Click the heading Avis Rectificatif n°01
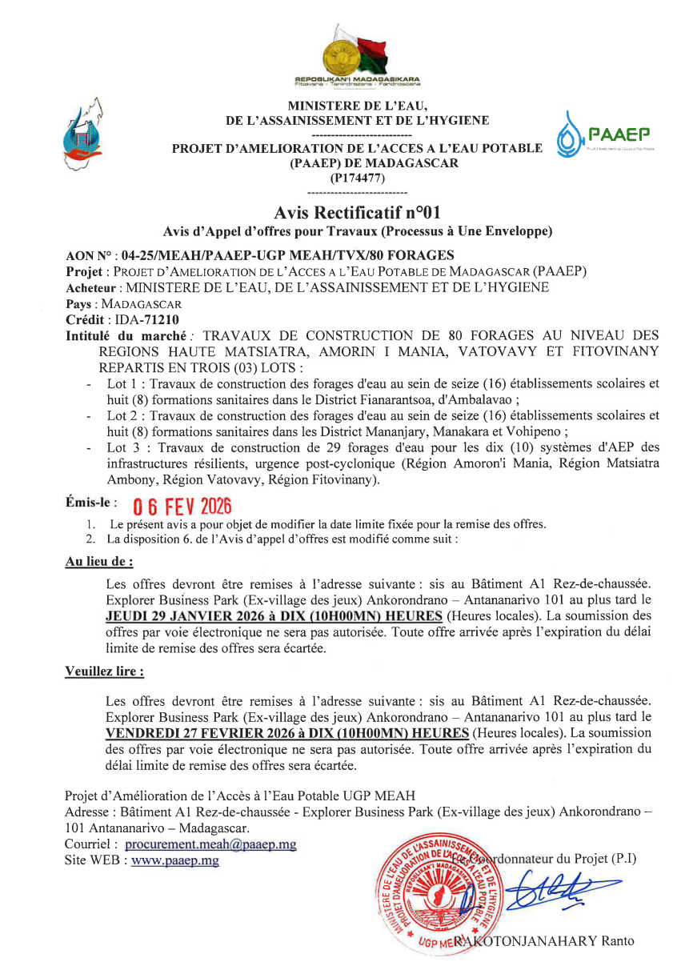(x=356, y=213)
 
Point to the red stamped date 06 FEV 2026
(x=181, y=507)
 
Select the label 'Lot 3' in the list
(x=122, y=447)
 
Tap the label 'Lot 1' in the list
(x=122, y=383)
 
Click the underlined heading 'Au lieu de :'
(x=98, y=562)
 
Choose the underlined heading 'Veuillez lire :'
(x=104, y=671)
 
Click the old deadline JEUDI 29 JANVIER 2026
(x=206, y=615)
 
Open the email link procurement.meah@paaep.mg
(x=210, y=844)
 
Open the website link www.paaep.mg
(x=174, y=860)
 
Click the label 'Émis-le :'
(x=90, y=503)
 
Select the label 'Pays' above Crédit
(x=78, y=304)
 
